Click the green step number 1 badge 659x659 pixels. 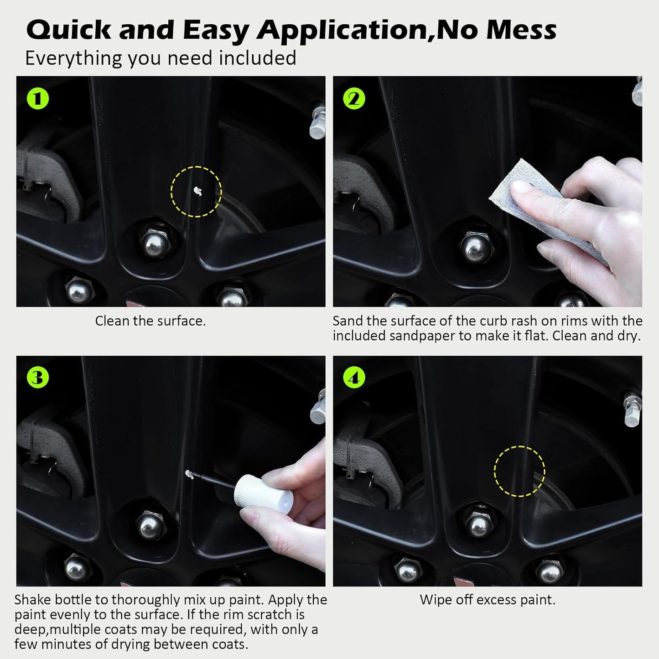(38, 99)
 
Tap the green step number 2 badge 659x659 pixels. (354, 99)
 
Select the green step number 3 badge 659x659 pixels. (38, 378)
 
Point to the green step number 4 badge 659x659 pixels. (354, 378)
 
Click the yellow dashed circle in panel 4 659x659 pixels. (519, 472)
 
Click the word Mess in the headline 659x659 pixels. (521, 30)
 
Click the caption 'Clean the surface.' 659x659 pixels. (150, 321)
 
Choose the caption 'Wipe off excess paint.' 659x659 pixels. (488, 600)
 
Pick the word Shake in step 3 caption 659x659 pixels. (32, 600)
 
